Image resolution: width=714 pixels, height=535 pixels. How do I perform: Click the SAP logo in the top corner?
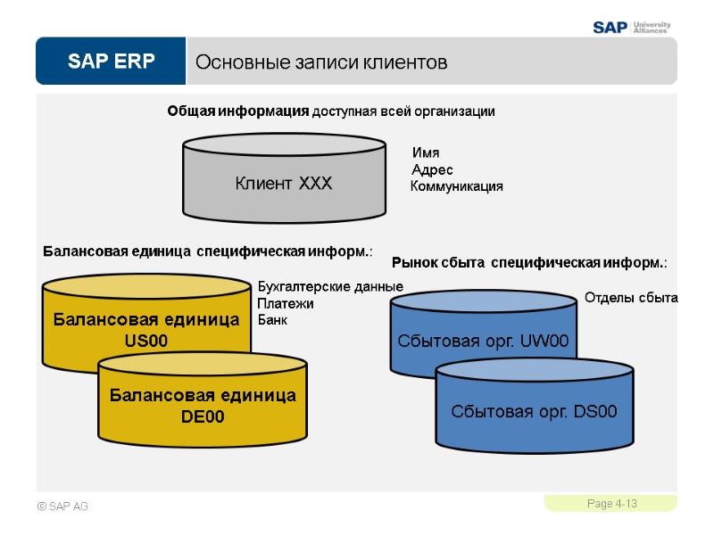pyautogui.click(x=610, y=27)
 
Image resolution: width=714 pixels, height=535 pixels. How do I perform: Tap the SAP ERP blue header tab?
pyautogui.click(x=110, y=62)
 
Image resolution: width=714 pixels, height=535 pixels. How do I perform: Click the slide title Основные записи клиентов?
pyautogui.click(x=320, y=62)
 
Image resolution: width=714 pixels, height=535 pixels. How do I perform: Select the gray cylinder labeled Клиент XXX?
pyautogui.click(x=284, y=183)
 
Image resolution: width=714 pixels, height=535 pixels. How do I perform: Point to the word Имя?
pyautogui.click(x=425, y=153)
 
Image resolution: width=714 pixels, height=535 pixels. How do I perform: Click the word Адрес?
pyautogui.click(x=432, y=169)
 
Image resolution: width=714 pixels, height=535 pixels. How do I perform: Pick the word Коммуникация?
pyautogui.click(x=456, y=186)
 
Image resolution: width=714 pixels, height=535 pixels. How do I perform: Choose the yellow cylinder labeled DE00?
pyautogui.click(x=203, y=406)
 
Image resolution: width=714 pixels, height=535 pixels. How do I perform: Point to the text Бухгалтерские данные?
pyautogui.click(x=330, y=287)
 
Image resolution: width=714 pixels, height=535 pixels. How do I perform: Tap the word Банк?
pyautogui.click(x=271, y=319)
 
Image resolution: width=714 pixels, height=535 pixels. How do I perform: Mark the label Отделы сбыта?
pyautogui.click(x=631, y=298)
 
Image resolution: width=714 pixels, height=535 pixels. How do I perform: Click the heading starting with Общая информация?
pyautogui.click(x=330, y=111)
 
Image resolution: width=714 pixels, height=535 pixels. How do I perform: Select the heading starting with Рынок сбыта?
pyautogui.click(x=529, y=263)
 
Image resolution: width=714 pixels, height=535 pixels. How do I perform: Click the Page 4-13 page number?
pyautogui.click(x=611, y=505)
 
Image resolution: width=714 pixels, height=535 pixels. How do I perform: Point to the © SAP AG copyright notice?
pyautogui.click(x=62, y=506)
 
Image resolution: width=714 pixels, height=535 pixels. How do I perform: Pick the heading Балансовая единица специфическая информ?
pyautogui.click(x=207, y=252)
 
